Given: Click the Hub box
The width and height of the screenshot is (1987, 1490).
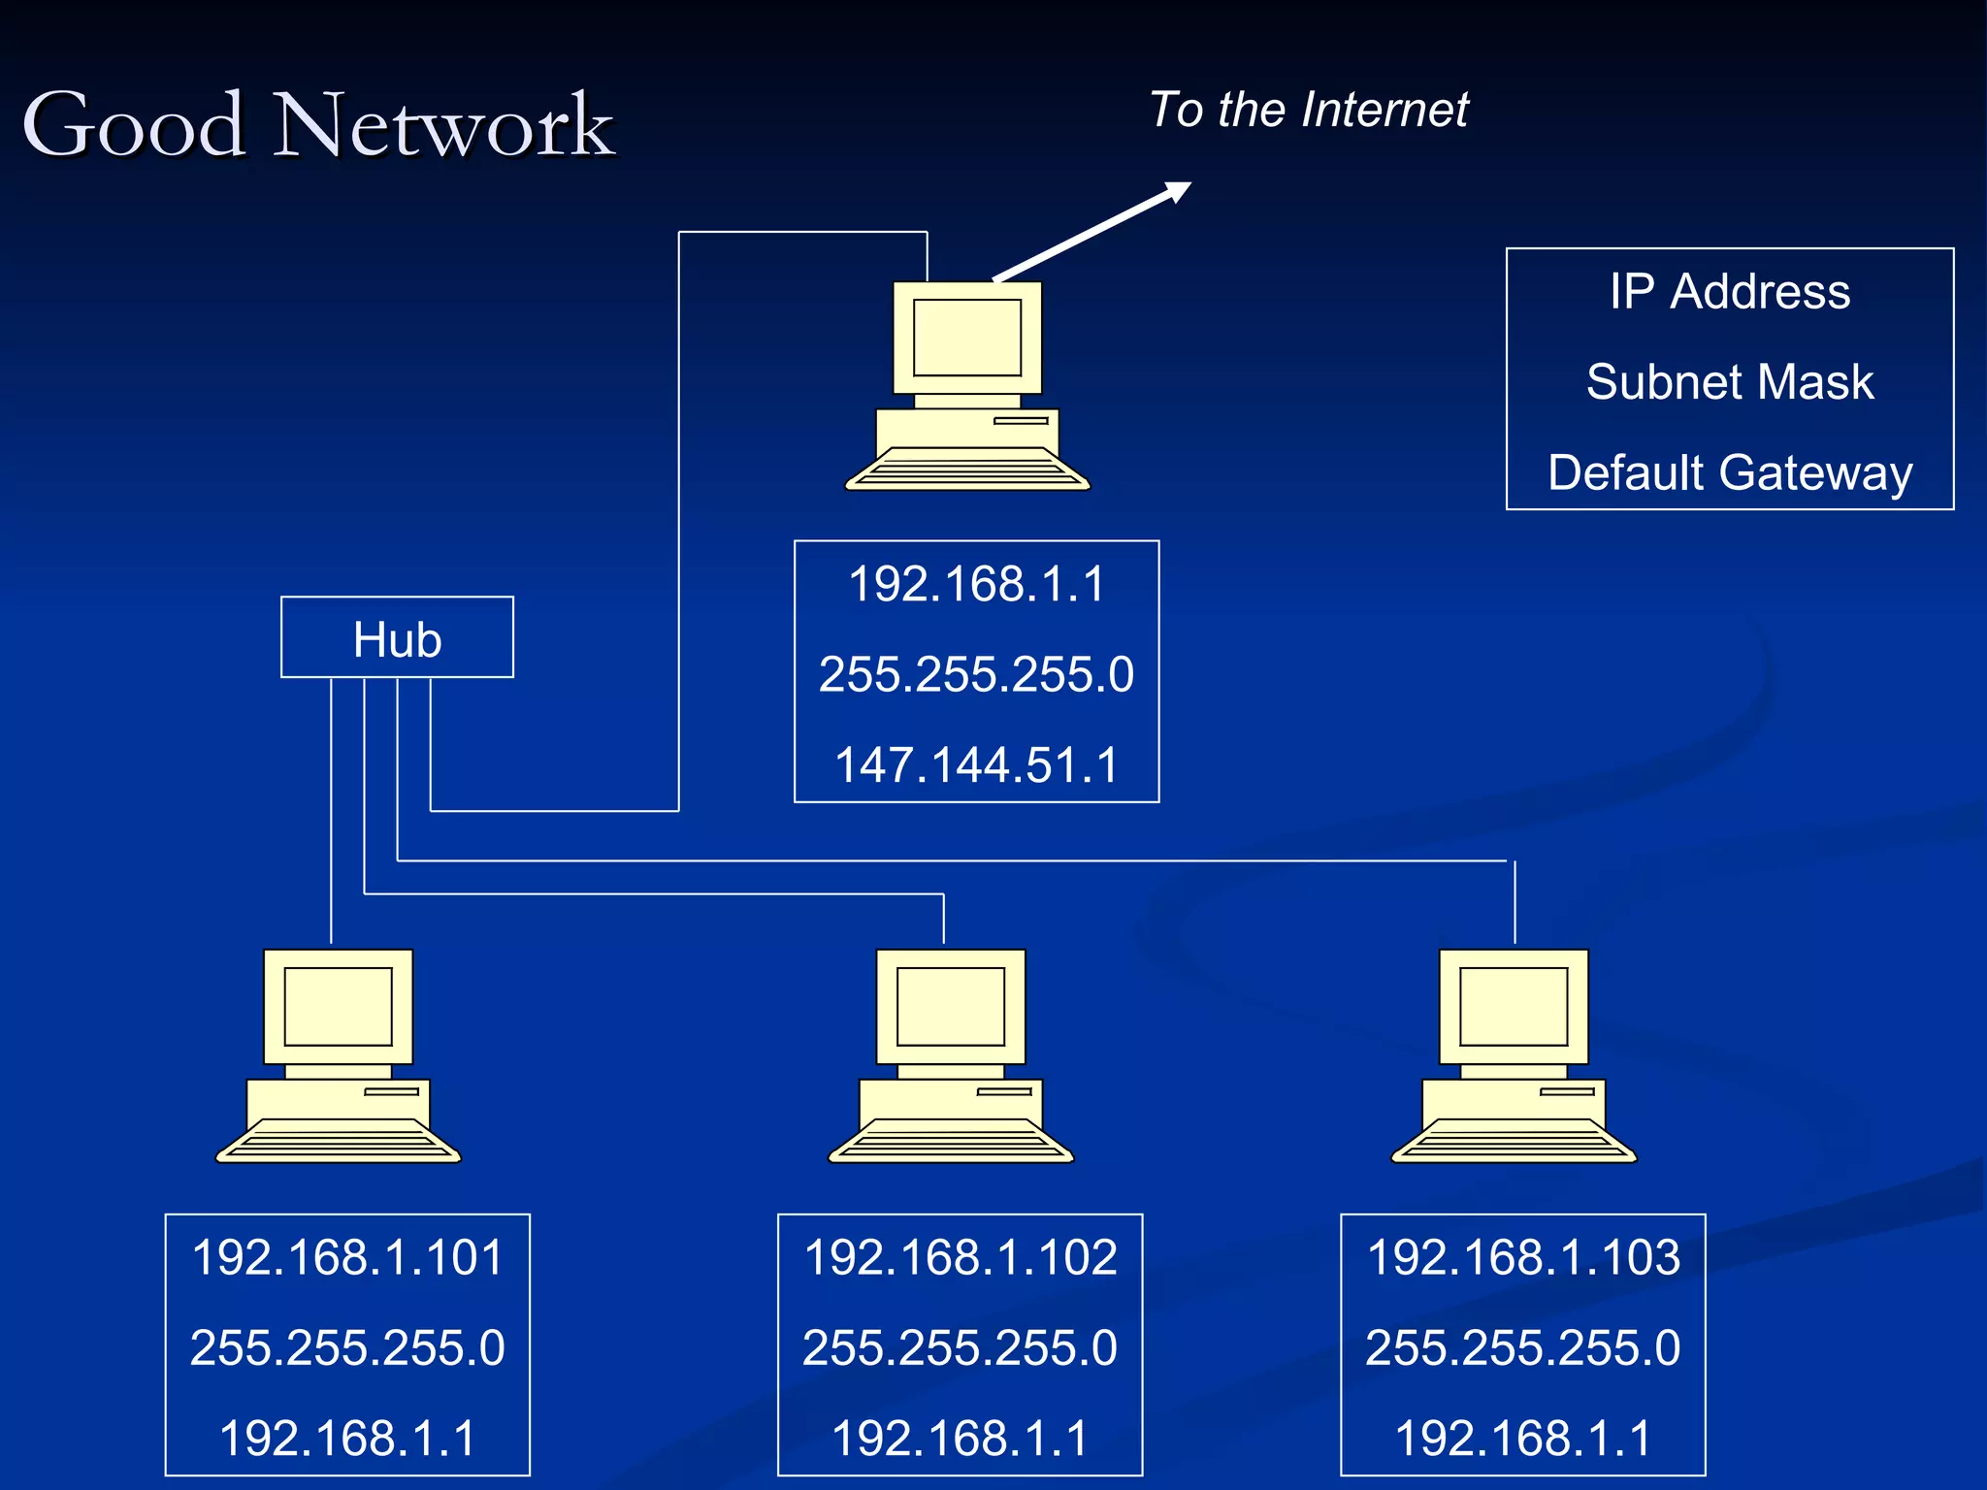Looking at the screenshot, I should (397, 638).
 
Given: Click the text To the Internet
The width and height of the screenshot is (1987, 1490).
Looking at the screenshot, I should (1309, 110).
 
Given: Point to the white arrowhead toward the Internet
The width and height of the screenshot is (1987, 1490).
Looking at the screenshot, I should (1178, 191).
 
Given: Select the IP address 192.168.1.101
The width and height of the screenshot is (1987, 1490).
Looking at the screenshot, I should (347, 1257).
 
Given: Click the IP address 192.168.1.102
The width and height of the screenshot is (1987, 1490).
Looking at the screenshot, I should (961, 1257).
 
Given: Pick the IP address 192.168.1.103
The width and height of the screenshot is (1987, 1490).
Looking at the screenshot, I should (1523, 1257).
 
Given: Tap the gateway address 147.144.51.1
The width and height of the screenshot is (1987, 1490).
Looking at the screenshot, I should (977, 764).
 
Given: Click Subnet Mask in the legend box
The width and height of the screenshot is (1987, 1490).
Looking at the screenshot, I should (1730, 381).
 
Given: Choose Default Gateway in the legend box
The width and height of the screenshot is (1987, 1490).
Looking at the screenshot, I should (1730, 472).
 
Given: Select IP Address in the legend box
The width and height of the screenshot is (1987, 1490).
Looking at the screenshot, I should (1730, 291).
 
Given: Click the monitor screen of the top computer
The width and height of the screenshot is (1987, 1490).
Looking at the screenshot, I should (967, 338).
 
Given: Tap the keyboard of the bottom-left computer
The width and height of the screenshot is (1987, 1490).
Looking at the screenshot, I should (338, 1142).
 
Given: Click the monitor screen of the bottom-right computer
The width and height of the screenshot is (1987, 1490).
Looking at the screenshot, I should (1514, 1006).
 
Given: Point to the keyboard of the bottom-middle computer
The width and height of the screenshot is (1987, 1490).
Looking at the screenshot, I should (951, 1142).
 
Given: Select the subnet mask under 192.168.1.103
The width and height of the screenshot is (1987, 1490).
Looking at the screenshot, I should (1523, 1347).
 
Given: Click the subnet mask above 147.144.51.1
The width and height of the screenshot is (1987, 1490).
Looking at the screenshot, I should (977, 674).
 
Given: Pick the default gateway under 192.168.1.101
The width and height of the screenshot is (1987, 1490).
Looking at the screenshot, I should (347, 1438).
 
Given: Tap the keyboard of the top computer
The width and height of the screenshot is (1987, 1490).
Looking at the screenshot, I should (967, 470).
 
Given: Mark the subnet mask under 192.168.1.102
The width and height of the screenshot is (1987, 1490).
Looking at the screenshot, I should (961, 1347).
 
